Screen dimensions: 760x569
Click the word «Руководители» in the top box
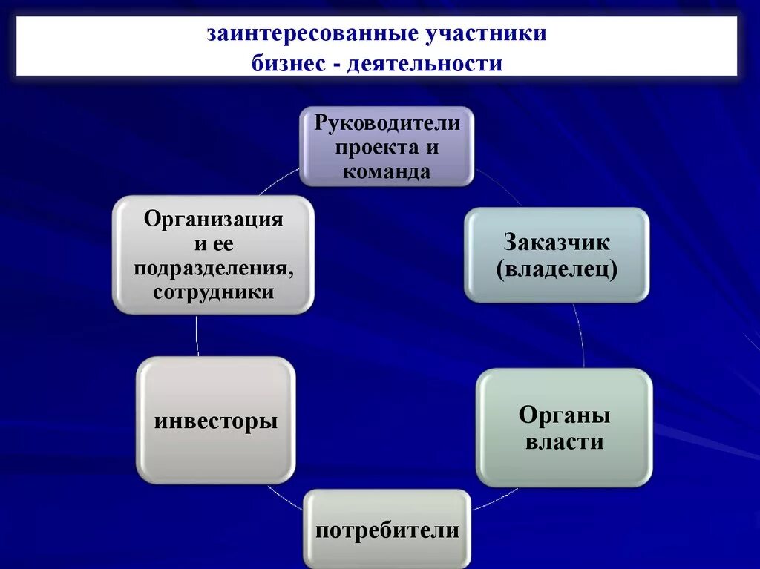pyautogui.click(x=387, y=122)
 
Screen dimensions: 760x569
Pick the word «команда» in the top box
pyautogui.click(x=386, y=172)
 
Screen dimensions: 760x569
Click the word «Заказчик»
pyautogui.click(x=557, y=242)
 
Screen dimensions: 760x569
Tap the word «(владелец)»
pyautogui.click(x=557, y=268)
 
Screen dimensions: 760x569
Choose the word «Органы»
pyautogui.click(x=564, y=415)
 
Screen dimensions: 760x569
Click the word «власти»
pyautogui.click(x=564, y=443)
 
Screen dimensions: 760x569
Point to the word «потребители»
pyautogui.click(x=387, y=530)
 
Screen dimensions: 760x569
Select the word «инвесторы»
pyautogui.click(x=216, y=421)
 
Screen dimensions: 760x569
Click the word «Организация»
pyautogui.click(x=214, y=220)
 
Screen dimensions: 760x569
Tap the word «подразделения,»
pyautogui.click(x=214, y=268)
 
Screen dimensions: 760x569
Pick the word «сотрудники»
pyautogui.click(x=214, y=292)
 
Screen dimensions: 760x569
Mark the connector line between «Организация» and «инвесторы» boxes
pyautogui.click(x=197, y=335)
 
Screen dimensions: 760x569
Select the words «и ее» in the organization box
pyautogui.click(x=214, y=244)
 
